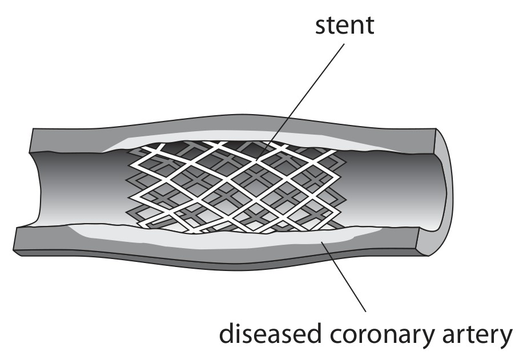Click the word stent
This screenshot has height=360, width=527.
coord(344,25)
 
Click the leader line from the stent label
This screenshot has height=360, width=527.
coord(301,101)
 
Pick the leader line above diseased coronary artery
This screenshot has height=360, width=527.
coord(344,278)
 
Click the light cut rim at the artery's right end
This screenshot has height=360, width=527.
coord(444,192)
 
